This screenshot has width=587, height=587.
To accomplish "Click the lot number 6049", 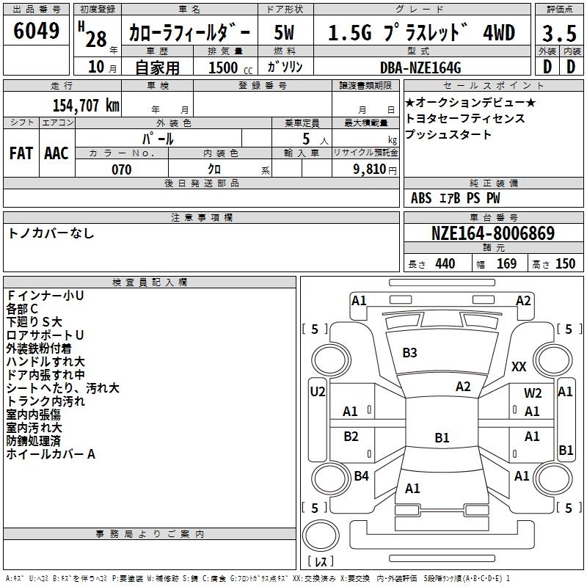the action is pos(37,32).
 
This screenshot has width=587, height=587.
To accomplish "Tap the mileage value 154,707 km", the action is pos(86,105).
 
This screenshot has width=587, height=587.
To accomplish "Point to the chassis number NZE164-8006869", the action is pos(492,234).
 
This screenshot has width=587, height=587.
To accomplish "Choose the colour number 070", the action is pos(121,169).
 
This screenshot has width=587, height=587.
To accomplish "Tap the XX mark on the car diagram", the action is pos(519,366).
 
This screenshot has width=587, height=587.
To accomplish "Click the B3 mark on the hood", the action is pos(409,353).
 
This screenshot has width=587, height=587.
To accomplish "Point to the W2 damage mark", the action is pos(533,393).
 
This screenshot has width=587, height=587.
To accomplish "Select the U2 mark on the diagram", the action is pos(317,392).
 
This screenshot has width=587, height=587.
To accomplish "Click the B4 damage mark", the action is pos(361,476).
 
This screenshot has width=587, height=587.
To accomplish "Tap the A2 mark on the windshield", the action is pos(463,387).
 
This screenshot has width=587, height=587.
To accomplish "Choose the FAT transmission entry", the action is pos(21,153).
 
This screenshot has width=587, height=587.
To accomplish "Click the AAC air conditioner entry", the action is pos(56,153).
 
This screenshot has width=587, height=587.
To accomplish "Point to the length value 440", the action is pos(445,263).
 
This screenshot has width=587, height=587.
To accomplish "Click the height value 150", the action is pos(565,263).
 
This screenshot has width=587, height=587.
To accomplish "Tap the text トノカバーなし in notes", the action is pos(51,233).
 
